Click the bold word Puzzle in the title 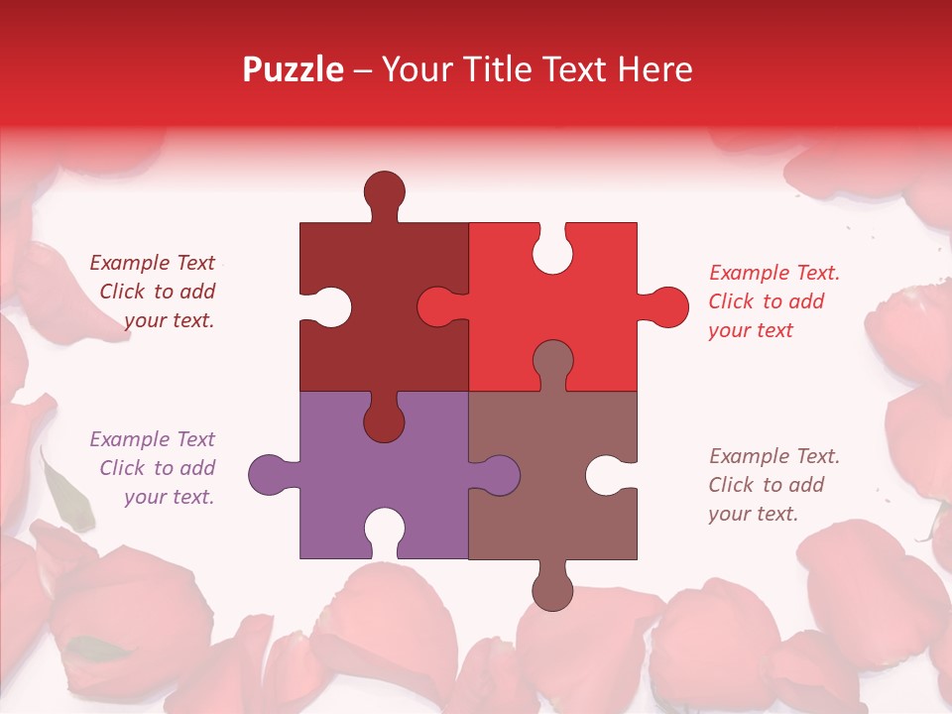pyautogui.click(x=294, y=69)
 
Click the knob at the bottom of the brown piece pyautogui.click(x=552, y=588)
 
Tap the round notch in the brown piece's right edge pyautogui.click(x=609, y=474)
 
